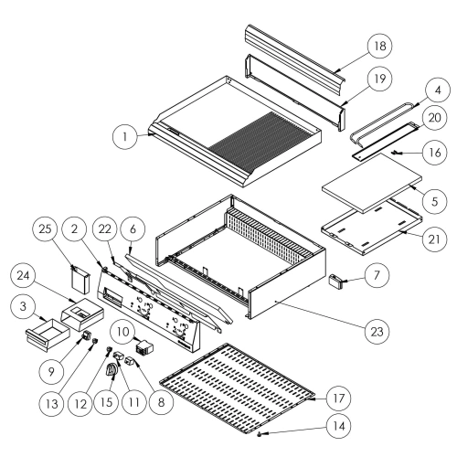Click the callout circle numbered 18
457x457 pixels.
[x=379, y=46]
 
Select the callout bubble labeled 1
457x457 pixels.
[x=125, y=137]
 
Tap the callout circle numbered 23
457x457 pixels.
[x=377, y=331]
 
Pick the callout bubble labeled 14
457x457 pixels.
[x=338, y=426]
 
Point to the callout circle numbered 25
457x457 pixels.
[x=45, y=228]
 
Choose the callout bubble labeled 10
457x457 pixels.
[x=123, y=332]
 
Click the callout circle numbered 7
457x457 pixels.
[x=377, y=275]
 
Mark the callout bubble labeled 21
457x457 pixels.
[x=434, y=239]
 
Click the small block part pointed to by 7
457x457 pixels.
[x=335, y=280]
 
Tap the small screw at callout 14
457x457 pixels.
[x=260, y=433]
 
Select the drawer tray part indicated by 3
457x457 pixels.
[x=48, y=335]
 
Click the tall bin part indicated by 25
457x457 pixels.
[x=80, y=281]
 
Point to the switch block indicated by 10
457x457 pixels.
[x=143, y=348]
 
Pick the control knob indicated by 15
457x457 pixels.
[x=112, y=371]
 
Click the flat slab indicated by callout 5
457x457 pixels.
[x=372, y=183]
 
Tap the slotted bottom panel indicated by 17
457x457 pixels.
[x=238, y=388]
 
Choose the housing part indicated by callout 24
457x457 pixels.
[x=82, y=314]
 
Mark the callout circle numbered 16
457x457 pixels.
[x=434, y=152]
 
